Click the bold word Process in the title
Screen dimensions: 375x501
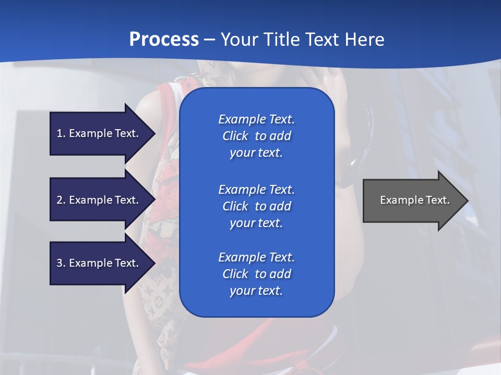point(164,40)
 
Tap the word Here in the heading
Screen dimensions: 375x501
point(365,40)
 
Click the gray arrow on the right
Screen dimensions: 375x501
point(412,200)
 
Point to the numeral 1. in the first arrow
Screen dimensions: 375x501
point(61,133)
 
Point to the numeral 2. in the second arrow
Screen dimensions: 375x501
point(61,200)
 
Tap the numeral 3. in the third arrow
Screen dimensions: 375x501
point(61,263)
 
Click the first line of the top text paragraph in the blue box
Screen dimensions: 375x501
point(256,119)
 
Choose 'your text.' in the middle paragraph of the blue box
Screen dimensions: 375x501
point(256,223)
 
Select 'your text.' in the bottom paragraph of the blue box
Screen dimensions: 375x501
point(256,291)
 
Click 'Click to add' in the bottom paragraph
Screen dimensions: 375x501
point(256,274)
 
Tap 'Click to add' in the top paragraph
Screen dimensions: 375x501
point(256,136)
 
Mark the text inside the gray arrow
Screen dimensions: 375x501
point(414,200)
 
